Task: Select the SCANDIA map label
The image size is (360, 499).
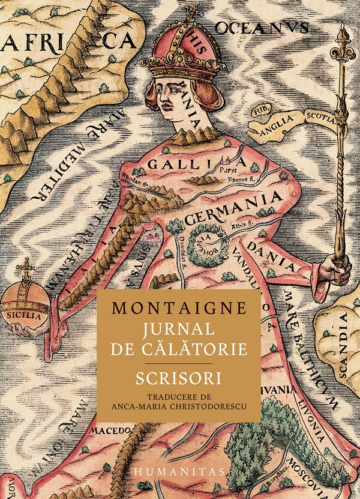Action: [x=342, y=345]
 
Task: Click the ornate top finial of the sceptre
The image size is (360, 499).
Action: [x=343, y=39]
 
